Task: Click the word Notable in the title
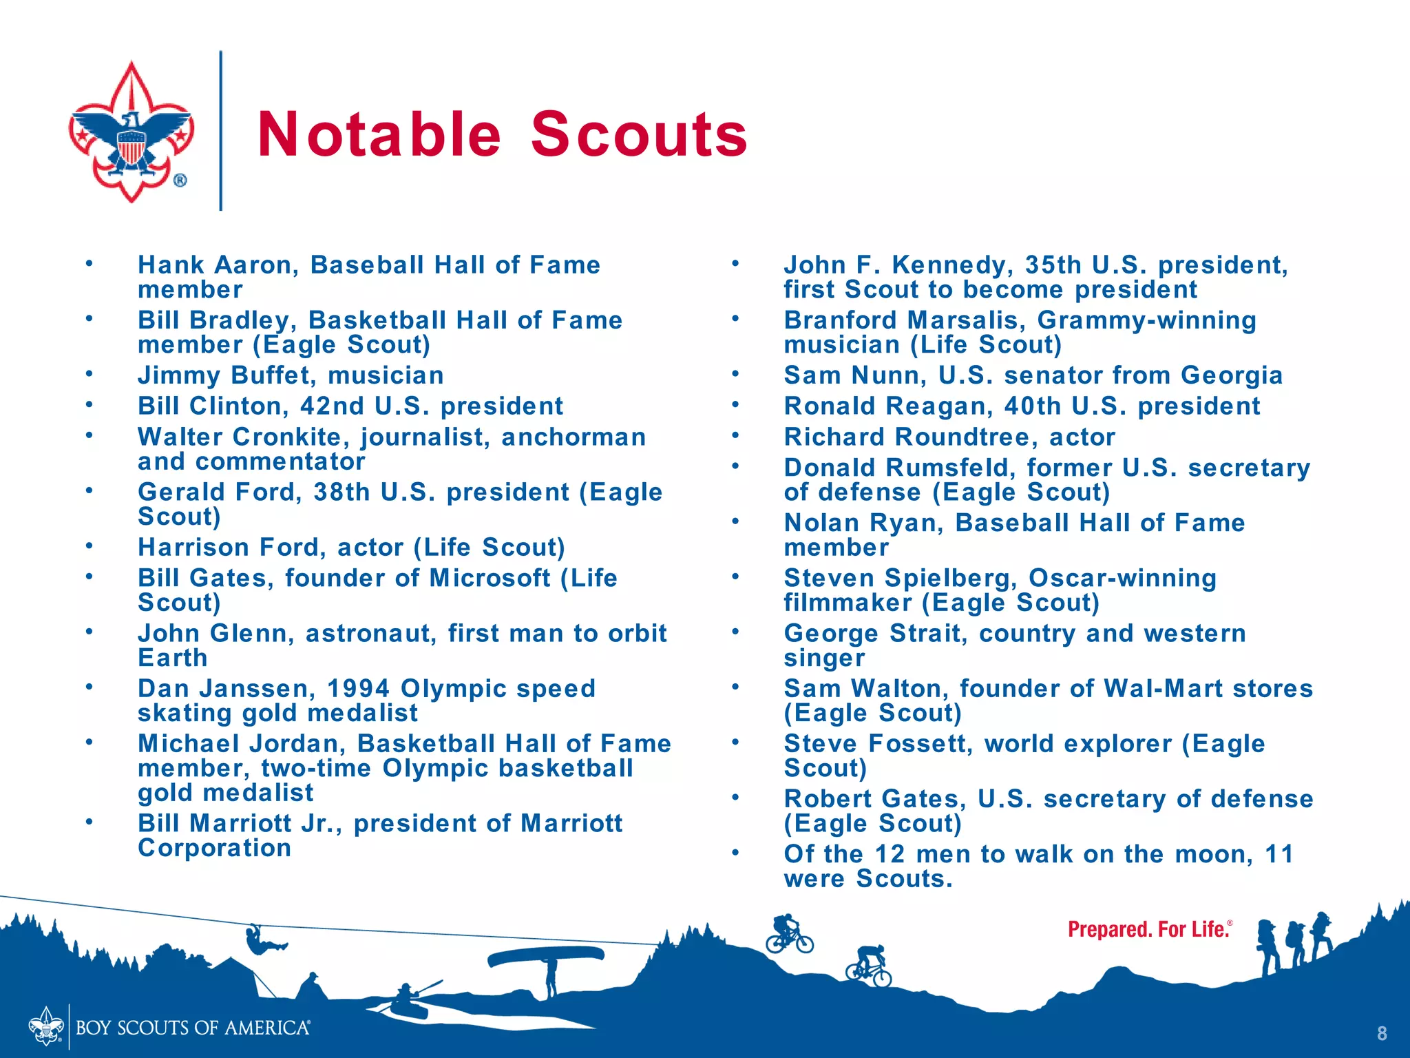[379, 134]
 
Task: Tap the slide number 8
[1381, 1033]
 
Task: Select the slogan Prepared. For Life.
[1149, 930]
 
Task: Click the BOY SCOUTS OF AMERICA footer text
[193, 1028]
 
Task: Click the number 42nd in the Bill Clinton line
[332, 406]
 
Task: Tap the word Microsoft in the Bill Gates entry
[490, 579]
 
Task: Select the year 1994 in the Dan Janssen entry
[358, 689]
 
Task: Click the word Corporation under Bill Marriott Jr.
[214, 848]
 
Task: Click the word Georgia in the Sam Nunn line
[1232, 375]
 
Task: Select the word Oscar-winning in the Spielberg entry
[1122, 579]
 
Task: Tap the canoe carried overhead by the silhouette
[545, 955]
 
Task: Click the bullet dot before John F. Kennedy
[735, 264]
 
